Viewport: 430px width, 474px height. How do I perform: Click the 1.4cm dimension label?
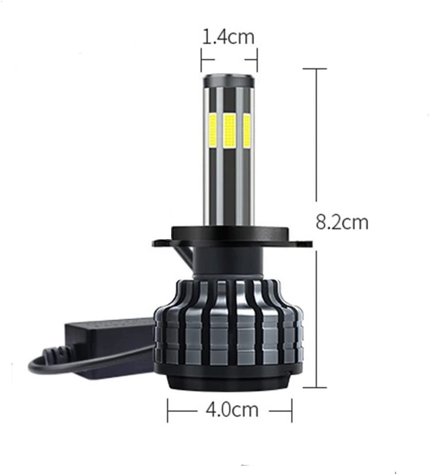(228, 37)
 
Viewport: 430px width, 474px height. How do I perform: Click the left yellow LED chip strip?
(214, 131)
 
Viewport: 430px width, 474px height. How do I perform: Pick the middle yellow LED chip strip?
(230, 131)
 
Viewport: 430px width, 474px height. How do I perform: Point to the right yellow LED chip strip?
(247, 131)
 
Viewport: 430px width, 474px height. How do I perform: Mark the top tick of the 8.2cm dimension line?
(315, 69)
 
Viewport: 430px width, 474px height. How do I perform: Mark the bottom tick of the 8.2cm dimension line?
(315, 388)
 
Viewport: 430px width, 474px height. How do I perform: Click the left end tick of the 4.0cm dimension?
(168, 410)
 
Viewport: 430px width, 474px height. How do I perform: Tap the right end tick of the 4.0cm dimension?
(292, 410)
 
